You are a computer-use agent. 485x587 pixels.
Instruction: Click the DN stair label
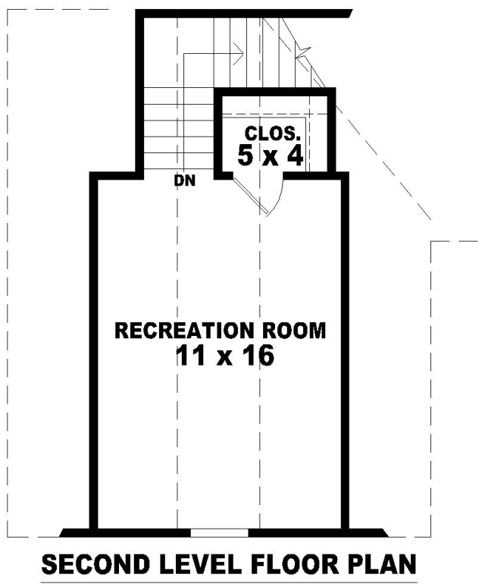185,180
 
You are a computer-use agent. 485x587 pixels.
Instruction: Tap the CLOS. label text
273,133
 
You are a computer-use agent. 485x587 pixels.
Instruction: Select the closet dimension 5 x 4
270,155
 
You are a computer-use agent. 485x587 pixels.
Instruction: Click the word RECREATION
182,331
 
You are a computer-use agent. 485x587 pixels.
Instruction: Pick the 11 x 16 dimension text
225,356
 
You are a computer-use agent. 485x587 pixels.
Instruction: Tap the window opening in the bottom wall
220,532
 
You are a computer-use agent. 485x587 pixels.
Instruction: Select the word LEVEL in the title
200,564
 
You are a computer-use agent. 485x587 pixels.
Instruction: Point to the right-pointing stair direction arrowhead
239,53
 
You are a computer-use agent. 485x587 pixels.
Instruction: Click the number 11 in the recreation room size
191,356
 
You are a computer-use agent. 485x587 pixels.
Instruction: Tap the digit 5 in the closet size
245,155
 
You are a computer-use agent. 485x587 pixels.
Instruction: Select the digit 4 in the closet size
295,155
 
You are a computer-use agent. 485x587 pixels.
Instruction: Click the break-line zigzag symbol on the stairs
302,52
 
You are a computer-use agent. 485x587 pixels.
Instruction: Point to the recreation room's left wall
93,352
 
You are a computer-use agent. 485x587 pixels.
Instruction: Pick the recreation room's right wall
345,352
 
